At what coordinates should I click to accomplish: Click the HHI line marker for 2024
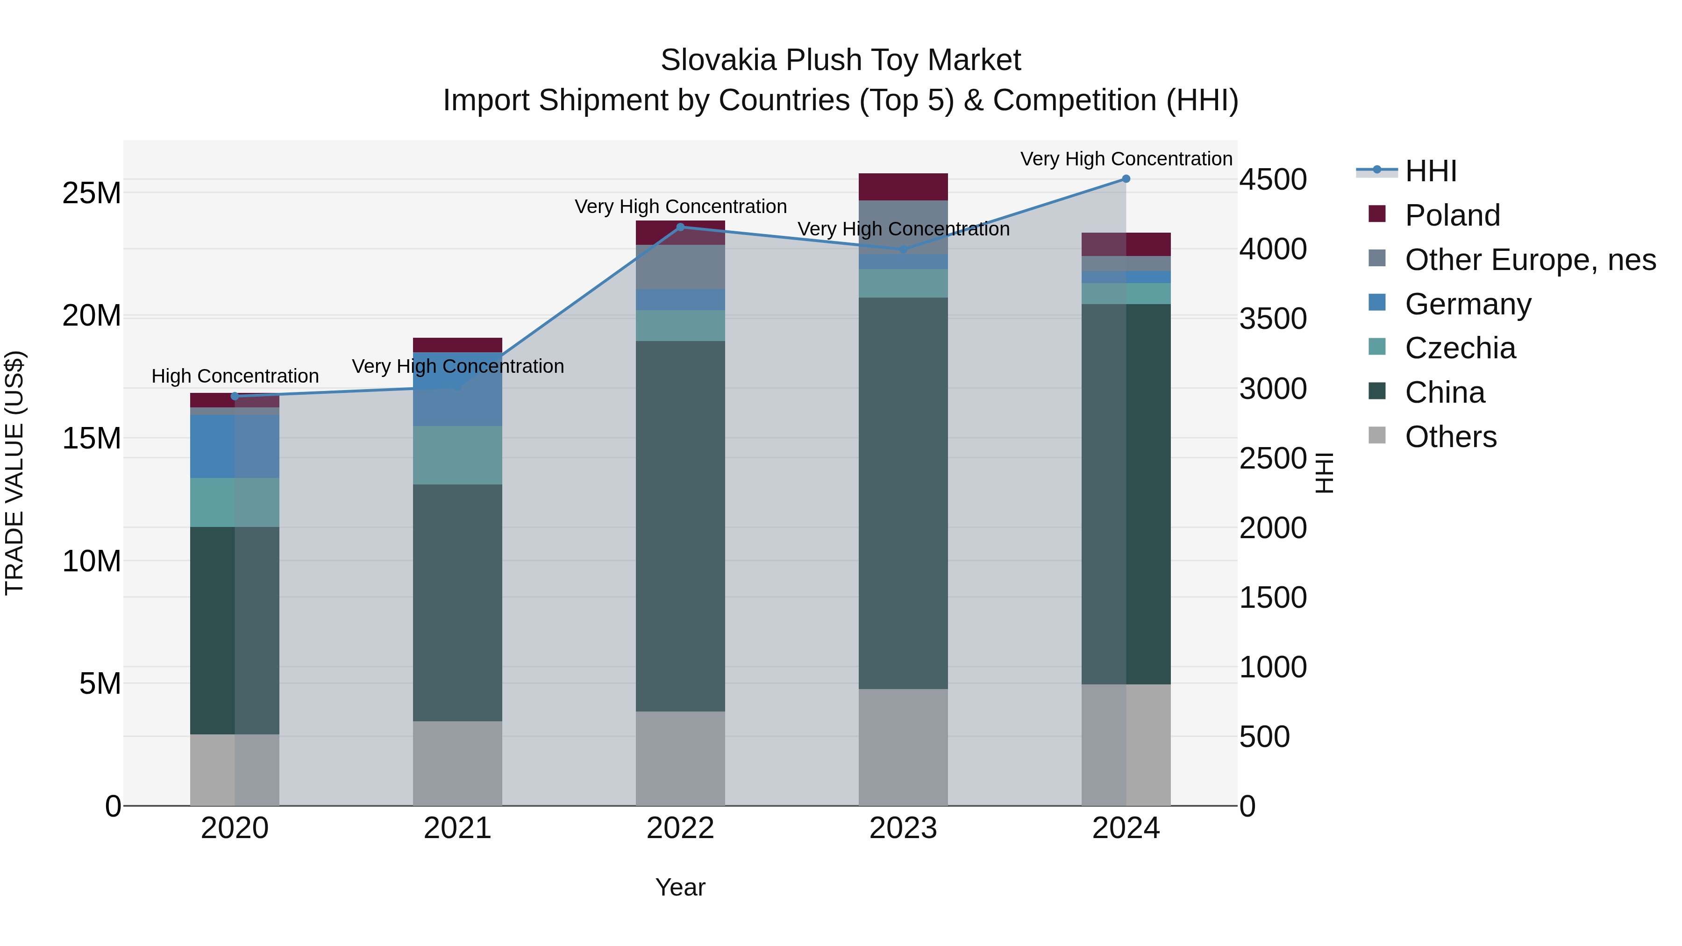point(1126,179)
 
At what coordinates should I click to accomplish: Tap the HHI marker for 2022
point(680,227)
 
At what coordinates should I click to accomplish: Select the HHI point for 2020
point(235,396)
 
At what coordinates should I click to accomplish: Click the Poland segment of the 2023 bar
point(903,187)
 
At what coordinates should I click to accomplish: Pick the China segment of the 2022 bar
point(680,526)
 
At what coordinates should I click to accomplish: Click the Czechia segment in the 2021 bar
point(458,455)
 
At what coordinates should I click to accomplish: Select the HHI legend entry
point(1430,171)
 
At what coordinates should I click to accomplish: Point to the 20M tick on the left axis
point(92,316)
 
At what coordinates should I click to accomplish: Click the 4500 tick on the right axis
point(1273,179)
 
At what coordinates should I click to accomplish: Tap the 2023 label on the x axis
point(903,828)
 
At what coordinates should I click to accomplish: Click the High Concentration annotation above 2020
point(235,376)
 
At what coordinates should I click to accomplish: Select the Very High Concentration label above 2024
point(1126,159)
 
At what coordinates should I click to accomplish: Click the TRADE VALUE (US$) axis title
point(14,473)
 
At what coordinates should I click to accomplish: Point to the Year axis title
point(680,887)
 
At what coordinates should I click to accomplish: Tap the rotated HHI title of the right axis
point(1324,473)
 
